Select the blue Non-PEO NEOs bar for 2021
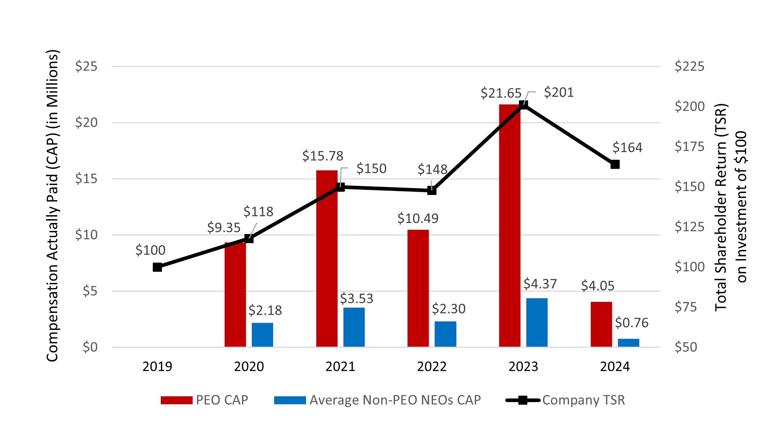pyautogui.click(x=354, y=327)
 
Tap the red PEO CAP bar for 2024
pyautogui.click(x=601, y=324)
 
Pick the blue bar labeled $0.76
pyautogui.click(x=628, y=343)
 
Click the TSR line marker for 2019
pyautogui.click(x=157, y=267)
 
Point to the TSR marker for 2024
pyautogui.click(x=615, y=164)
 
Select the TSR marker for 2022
pyautogui.click(x=432, y=190)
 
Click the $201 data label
pyautogui.click(x=559, y=92)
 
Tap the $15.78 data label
pyautogui.click(x=323, y=156)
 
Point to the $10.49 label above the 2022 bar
pyautogui.click(x=418, y=218)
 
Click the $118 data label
pyautogui.click(x=258, y=212)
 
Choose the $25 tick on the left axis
pyautogui.click(x=86, y=66)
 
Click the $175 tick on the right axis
pyautogui.click(x=689, y=146)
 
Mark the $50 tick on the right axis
pyautogui.click(x=686, y=347)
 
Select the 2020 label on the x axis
pyautogui.click(x=249, y=367)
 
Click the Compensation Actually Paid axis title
pyautogui.click(x=53, y=206)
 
